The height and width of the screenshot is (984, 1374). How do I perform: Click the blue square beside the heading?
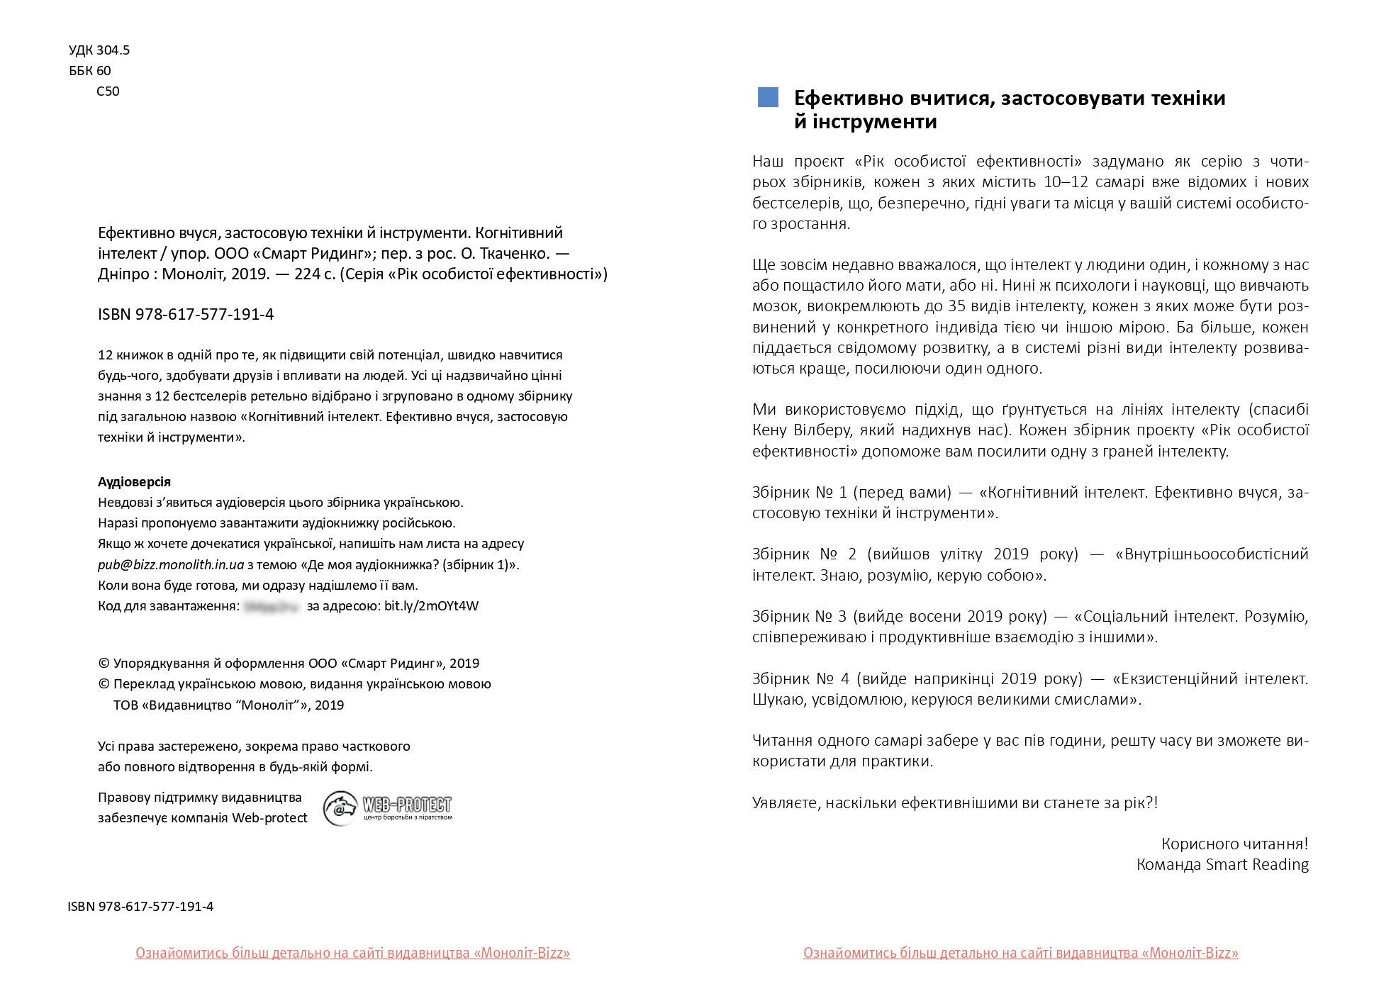pos(768,98)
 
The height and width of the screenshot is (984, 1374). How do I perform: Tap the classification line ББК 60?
pos(90,71)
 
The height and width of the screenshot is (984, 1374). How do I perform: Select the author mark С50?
pos(108,91)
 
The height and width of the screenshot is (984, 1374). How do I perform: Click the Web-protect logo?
pos(388,808)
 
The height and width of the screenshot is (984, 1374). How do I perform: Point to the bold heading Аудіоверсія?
pos(134,482)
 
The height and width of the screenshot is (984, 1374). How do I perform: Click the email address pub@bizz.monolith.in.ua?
pos(171,565)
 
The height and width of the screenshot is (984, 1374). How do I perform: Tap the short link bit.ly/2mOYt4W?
pos(431,606)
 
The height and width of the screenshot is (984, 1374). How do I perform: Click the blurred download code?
pos(272,606)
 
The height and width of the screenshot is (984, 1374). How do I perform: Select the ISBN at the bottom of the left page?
pos(140,907)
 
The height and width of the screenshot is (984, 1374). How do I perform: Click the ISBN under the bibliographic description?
pos(186,315)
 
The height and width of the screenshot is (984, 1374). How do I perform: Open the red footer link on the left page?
pos(352,954)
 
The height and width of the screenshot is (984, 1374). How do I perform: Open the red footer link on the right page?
pos(1020,954)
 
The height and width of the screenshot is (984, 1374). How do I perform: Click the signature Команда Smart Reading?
pos(1222,865)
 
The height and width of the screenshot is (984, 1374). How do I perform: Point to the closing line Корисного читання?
pos(1234,844)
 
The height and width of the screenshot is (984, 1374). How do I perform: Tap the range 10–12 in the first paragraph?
pos(1066,182)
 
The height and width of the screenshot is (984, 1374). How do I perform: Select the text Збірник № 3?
pos(799,617)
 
